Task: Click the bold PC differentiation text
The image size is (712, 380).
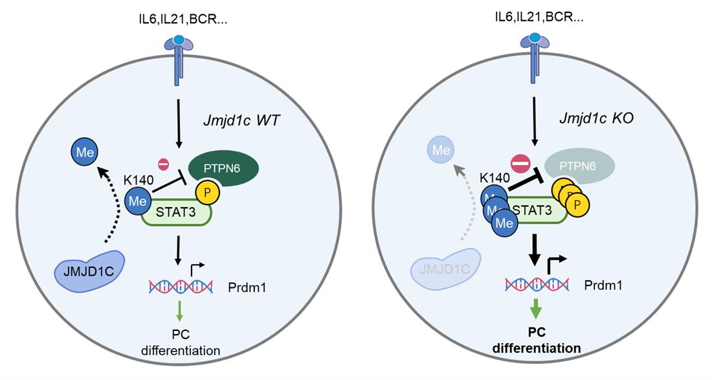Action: point(536,340)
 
